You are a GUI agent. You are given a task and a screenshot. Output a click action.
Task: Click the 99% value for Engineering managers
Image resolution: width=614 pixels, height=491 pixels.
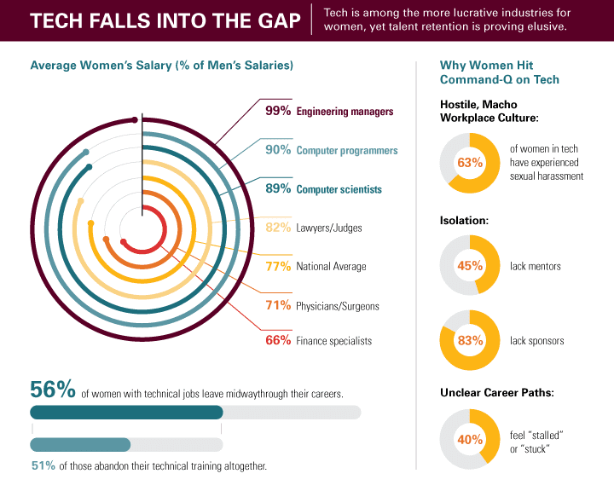(278, 111)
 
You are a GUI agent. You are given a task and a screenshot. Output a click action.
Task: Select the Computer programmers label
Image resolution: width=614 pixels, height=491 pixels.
(346, 150)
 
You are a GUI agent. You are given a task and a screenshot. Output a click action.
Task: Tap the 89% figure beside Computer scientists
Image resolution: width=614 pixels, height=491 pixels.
(278, 189)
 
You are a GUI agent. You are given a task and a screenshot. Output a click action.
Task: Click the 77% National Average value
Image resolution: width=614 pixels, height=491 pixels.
(278, 266)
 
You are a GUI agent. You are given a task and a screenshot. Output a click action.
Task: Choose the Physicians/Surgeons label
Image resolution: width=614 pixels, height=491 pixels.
(337, 305)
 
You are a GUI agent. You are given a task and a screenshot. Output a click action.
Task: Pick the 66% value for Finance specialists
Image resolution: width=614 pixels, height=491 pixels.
(278, 341)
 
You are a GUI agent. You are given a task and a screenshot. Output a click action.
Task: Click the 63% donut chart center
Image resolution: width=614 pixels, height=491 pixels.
(470, 162)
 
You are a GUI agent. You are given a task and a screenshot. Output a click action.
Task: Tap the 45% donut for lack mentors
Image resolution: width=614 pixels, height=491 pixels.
(470, 266)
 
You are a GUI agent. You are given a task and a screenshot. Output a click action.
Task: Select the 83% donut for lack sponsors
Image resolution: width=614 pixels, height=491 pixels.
(470, 341)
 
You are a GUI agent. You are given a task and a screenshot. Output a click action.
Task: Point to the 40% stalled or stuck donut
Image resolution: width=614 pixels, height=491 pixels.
(470, 441)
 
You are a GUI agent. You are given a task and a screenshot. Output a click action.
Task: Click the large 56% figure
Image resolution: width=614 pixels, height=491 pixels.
(53, 390)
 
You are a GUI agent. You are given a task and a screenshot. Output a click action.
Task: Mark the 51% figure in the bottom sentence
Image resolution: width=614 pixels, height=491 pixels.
(43, 466)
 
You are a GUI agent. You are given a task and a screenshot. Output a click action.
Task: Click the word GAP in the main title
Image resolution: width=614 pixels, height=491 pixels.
(271, 20)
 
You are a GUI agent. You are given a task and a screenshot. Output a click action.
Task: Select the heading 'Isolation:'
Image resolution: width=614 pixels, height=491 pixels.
(464, 220)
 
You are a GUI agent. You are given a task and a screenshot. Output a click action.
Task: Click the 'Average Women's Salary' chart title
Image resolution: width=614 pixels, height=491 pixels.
(161, 66)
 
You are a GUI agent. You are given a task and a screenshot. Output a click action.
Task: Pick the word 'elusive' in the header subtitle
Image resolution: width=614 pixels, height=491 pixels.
(545, 27)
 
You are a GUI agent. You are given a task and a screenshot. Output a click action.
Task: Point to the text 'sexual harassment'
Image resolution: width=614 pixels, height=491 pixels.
(546, 176)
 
